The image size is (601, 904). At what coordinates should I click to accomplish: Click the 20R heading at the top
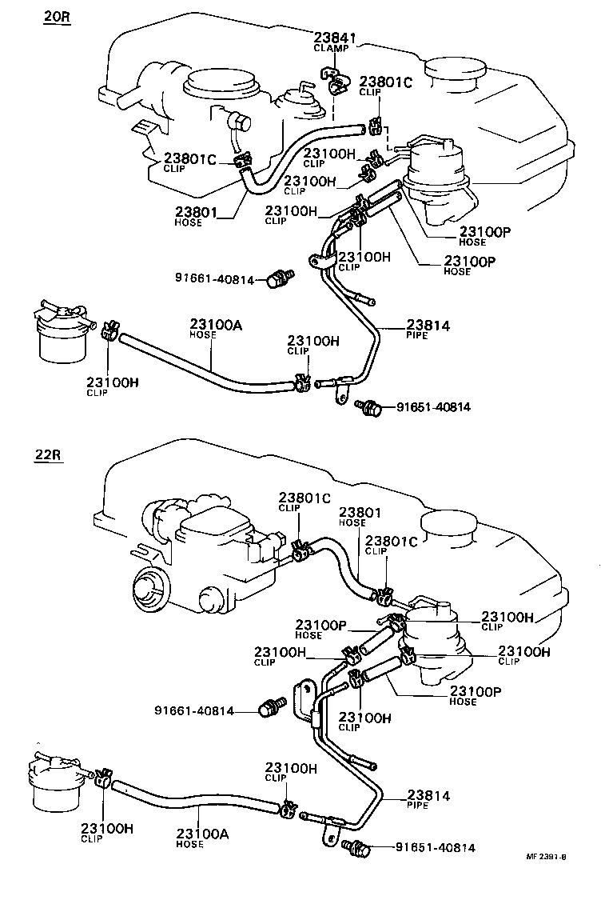(x=57, y=15)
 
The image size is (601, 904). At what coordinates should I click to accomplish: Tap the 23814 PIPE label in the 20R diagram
(x=428, y=329)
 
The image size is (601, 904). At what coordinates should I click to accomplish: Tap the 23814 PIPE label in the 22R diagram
(x=428, y=799)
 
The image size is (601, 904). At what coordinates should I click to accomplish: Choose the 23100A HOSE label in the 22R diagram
(x=204, y=838)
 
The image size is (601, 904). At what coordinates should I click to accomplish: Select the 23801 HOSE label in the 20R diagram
(x=195, y=217)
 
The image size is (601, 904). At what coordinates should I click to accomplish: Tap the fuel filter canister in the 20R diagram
(x=62, y=336)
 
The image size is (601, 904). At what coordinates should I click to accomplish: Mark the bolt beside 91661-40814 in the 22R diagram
(x=270, y=708)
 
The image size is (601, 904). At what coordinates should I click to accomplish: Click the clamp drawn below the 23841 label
(x=333, y=79)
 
